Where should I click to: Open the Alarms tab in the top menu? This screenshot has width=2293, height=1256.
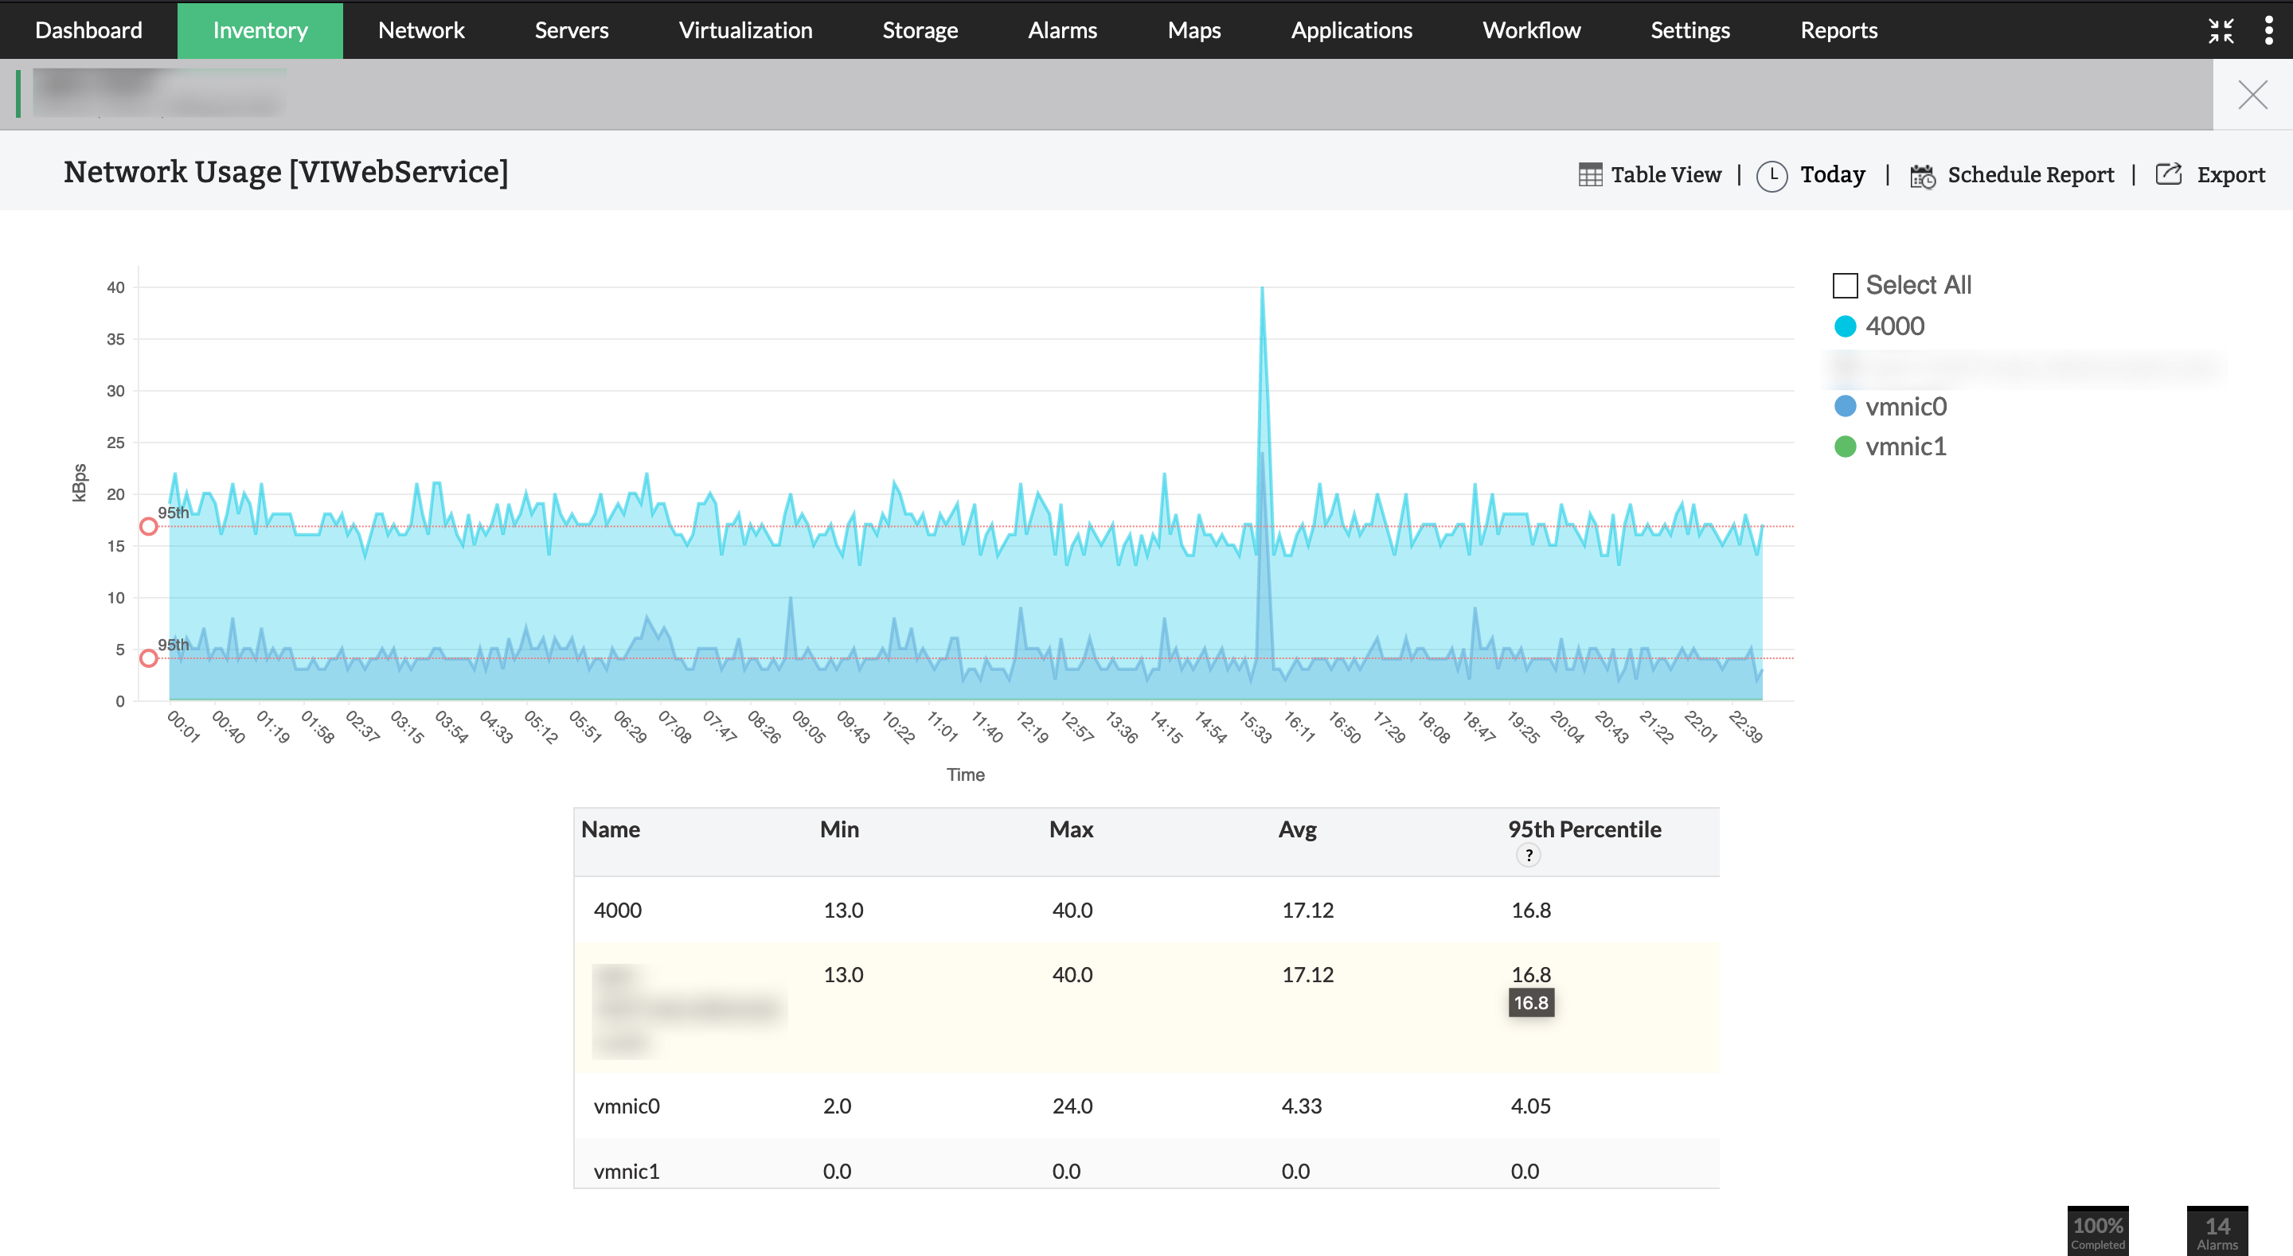(1062, 30)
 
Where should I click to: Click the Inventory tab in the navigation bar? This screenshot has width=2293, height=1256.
(260, 30)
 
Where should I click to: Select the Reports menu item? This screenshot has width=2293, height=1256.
(1838, 30)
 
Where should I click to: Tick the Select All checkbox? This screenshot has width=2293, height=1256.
(1845, 286)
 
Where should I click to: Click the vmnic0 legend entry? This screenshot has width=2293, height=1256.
(1905, 407)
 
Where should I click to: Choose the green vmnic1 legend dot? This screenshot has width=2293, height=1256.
(1845, 447)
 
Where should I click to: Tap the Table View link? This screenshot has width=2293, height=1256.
(1665, 174)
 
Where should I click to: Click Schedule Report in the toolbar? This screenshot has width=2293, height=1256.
(2029, 174)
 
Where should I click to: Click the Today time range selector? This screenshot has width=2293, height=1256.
(1831, 174)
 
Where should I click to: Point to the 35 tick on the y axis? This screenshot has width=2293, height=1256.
(115, 339)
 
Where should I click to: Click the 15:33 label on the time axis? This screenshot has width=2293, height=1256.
(1255, 727)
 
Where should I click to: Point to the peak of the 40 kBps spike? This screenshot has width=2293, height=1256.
(1261, 288)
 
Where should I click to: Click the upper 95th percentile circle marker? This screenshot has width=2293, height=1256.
(149, 527)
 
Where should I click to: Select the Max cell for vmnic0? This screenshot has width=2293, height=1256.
(1072, 1106)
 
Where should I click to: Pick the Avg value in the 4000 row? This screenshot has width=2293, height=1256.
(1307, 910)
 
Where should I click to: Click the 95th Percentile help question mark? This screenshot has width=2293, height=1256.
(1529, 856)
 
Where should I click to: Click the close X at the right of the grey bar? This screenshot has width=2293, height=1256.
(2252, 95)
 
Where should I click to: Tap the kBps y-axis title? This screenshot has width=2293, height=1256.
(80, 483)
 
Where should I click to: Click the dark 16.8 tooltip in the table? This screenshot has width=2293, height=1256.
(1530, 1003)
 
